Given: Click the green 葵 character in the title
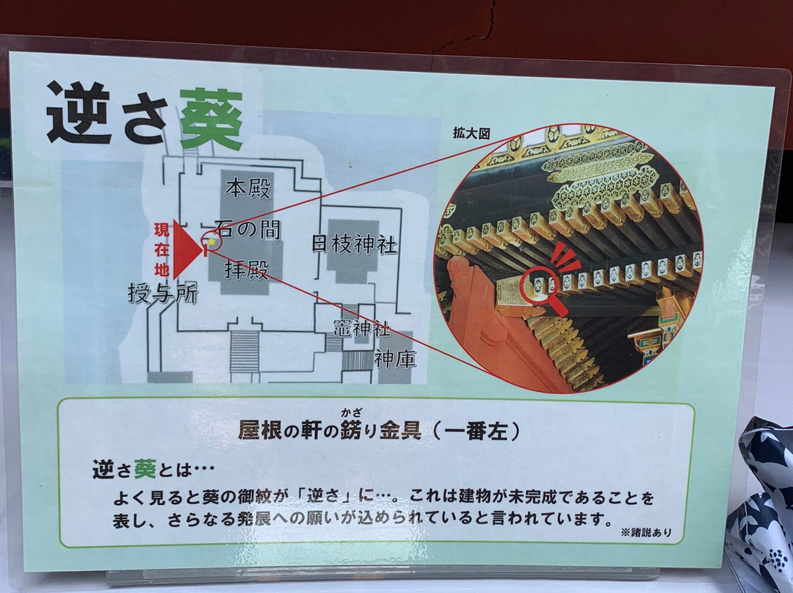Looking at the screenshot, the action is point(211,120).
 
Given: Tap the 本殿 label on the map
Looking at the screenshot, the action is point(248,188).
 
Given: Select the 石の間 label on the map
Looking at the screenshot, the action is point(247,229).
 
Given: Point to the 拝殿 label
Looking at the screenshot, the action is point(246,269).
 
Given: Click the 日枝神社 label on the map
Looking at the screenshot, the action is point(354,244).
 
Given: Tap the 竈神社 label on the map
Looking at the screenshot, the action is point(362,329).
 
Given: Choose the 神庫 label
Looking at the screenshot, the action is point(395,359).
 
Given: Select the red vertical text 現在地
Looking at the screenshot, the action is point(162,250).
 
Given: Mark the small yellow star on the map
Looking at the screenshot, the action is point(211,242).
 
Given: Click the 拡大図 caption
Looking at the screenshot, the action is point(471,133).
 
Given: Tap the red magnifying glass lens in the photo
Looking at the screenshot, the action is point(539,285).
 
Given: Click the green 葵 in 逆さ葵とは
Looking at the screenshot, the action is point(145,470).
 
